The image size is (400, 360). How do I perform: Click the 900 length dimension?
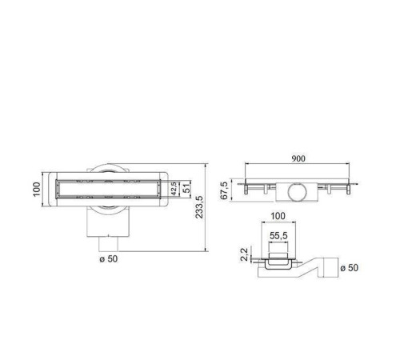298,159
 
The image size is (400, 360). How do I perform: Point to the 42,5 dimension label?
174,188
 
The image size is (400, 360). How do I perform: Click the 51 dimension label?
187,188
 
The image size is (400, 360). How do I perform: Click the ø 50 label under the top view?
109,259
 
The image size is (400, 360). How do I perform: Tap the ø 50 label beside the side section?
348,267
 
